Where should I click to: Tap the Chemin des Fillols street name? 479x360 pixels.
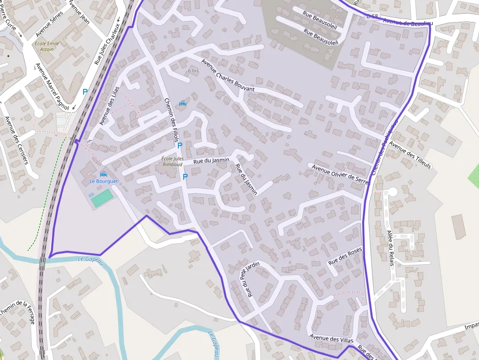click(x=171, y=120)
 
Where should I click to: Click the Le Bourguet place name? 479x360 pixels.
click(x=104, y=181)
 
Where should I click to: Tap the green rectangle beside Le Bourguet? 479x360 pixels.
click(x=102, y=198)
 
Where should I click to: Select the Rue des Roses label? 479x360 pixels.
click(x=345, y=255)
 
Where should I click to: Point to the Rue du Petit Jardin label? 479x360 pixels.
click(x=249, y=279)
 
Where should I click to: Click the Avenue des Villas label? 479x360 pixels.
click(x=331, y=338)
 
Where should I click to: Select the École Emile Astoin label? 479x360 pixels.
click(x=47, y=46)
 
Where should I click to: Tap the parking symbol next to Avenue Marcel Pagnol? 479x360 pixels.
click(x=85, y=91)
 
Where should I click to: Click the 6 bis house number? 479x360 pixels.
click(x=194, y=71)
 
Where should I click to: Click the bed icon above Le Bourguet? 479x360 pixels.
click(x=103, y=174)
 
